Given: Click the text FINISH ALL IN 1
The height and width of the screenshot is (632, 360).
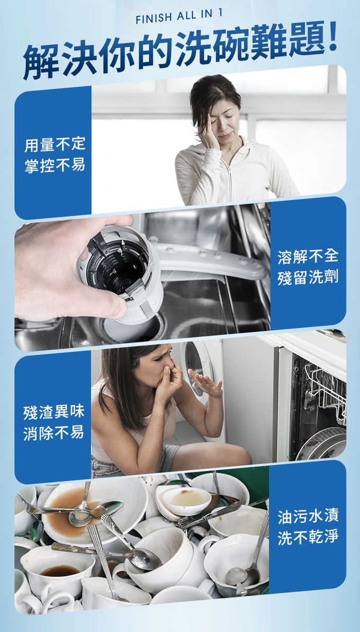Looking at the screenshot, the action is [178, 17].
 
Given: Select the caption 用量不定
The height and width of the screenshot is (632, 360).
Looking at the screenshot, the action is [55, 145].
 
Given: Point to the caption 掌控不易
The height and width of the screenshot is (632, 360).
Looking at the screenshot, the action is [55, 165].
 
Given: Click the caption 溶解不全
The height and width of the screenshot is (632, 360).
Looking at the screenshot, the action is [308, 257].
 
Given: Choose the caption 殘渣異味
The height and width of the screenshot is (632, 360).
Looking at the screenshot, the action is [53, 412].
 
